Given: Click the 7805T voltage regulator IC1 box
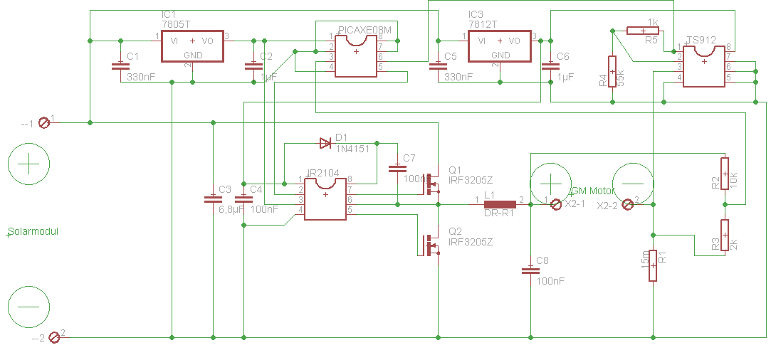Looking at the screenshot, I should click(192, 46).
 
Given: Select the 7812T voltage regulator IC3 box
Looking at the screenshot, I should click(500, 46).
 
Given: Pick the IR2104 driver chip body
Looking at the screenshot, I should click(325, 198).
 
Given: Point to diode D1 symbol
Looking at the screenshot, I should click(325, 143).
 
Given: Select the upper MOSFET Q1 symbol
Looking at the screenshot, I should click(431, 184).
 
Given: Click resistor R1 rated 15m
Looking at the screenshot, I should click(652, 266).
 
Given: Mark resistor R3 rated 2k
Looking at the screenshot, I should click(725, 235).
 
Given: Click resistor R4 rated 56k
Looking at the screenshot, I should click(612, 71).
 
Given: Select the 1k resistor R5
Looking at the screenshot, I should click(642, 31).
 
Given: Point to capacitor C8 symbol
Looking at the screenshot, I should click(530, 270).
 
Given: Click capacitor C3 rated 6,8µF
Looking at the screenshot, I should click(212, 198).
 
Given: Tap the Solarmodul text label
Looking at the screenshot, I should click(32, 232).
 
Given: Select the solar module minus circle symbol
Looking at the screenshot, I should click(28, 305).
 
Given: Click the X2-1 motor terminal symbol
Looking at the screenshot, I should click(557, 204).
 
